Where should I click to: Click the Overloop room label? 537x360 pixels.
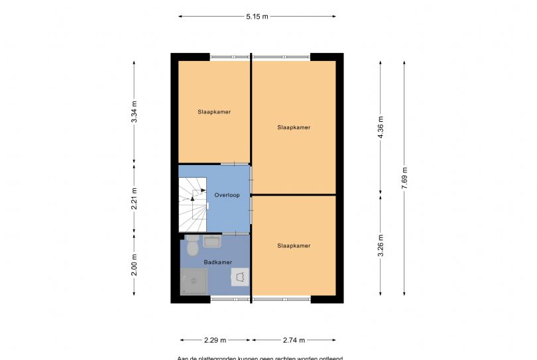pyautogui.click(x=227, y=195)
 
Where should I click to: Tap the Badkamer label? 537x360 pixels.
pyautogui.click(x=217, y=263)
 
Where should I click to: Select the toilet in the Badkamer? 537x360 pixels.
pyautogui.click(x=192, y=247)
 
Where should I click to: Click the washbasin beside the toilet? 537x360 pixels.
pyautogui.click(x=213, y=241)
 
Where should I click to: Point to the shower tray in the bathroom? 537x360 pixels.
pyautogui.click(x=194, y=282)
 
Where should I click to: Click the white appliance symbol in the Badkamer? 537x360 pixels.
pyautogui.click(x=239, y=276)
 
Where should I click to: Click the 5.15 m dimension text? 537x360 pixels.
pyautogui.click(x=256, y=17)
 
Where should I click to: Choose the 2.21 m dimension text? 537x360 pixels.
pyautogui.click(x=135, y=200)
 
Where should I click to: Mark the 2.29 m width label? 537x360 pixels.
pyautogui.click(x=215, y=340)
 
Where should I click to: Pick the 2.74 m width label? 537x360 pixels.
pyautogui.click(x=293, y=340)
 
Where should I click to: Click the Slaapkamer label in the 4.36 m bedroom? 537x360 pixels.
pyautogui.click(x=294, y=127)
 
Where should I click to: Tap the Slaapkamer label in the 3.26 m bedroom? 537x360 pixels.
pyautogui.click(x=294, y=246)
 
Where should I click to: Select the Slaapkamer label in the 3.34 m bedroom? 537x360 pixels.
pyautogui.click(x=214, y=112)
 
